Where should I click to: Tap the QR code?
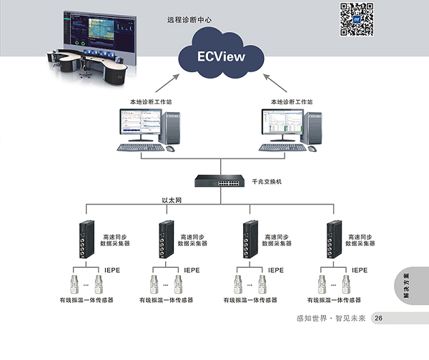[357, 19]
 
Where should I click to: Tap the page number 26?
[379, 318]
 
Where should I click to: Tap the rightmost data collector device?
[333, 240]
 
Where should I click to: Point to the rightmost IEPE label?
[359, 270]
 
